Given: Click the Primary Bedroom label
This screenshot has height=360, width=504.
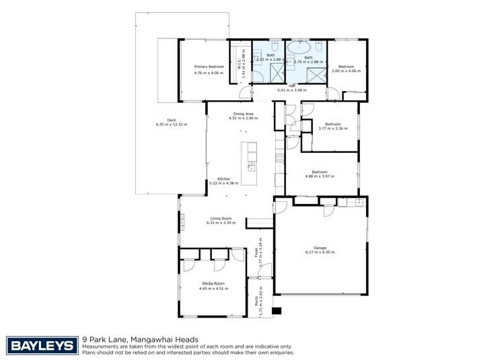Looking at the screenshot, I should point(209,67).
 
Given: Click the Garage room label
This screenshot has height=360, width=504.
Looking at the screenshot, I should point(320,248).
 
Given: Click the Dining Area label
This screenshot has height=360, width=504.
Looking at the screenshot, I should point(243,114).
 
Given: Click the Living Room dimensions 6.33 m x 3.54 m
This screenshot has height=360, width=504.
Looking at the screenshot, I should point(221,223).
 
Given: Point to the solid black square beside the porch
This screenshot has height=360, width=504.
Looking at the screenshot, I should point(276,311).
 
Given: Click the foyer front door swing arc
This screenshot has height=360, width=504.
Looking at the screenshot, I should point(265,270).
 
